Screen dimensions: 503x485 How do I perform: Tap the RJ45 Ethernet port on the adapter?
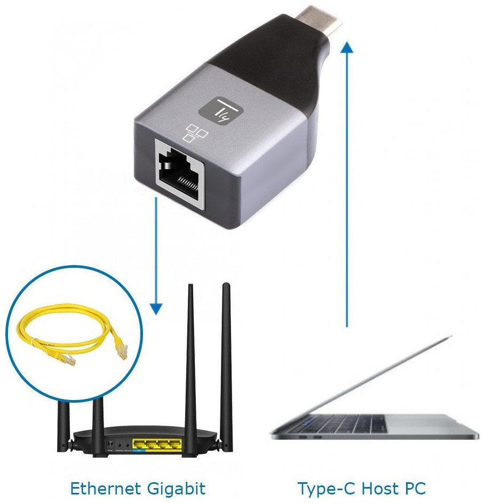tap(179, 173)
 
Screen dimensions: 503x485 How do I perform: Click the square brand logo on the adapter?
tap(220, 110)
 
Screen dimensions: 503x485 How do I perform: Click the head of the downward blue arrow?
tap(156, 308)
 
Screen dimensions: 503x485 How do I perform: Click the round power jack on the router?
tap(110, 443)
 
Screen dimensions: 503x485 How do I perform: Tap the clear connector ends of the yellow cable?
tap(122, 352)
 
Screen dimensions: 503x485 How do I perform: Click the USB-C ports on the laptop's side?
tap(309, 437)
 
